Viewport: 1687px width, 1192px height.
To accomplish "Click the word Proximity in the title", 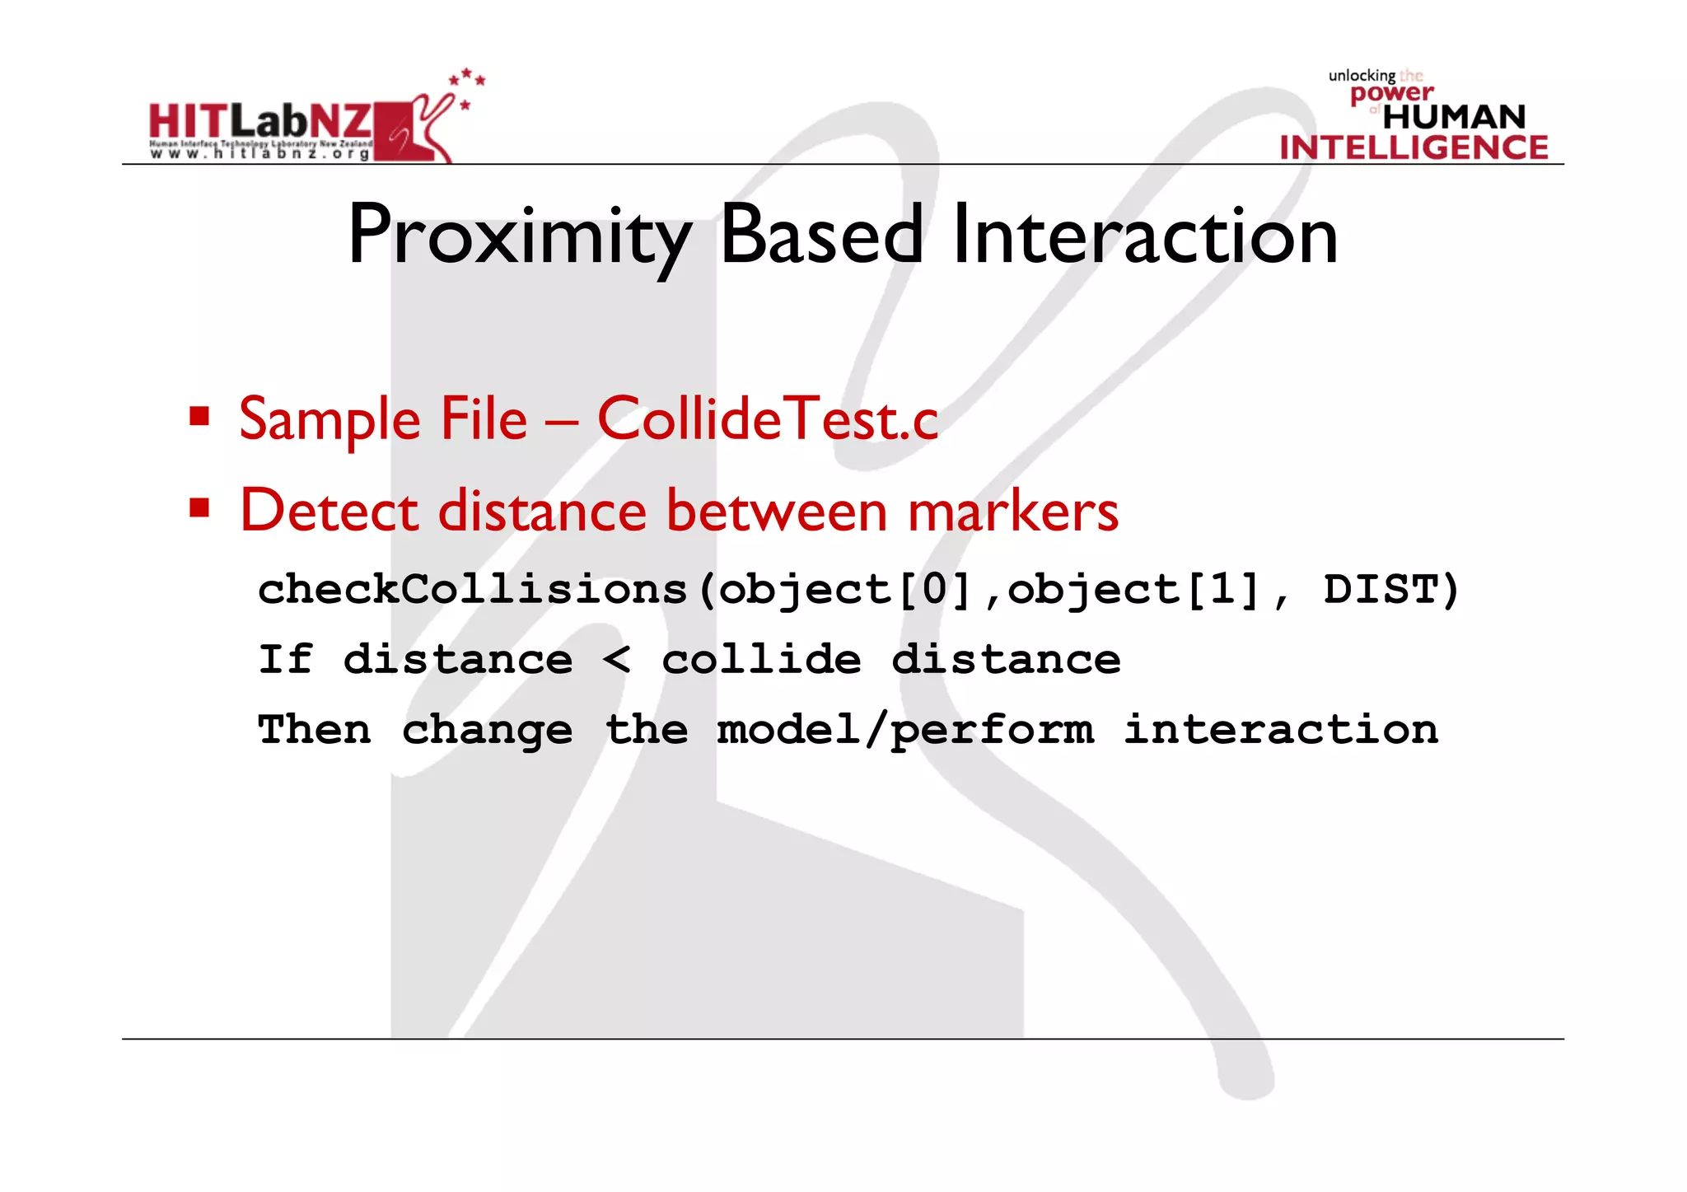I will point(519,237).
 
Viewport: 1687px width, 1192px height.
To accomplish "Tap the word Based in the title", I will point(821,236).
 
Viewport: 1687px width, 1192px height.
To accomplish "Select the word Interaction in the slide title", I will point(1144,236).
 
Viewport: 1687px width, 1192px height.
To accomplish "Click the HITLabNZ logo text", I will point(260,122).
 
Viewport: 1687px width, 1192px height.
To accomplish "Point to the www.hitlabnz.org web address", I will point(260,154).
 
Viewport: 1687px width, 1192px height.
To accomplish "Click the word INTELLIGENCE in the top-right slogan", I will point(1414,147).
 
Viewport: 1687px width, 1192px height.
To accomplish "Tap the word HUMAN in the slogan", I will point(1454,117).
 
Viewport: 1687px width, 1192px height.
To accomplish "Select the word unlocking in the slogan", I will point(1361,76).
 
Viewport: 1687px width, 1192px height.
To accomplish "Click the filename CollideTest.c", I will point(767,419).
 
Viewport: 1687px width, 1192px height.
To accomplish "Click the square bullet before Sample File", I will point(199,415).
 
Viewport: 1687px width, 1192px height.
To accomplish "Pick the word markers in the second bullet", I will point(1013,511).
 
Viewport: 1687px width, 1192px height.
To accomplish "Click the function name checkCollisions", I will point(472,590).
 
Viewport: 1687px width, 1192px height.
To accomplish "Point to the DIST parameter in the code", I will point(1381,590).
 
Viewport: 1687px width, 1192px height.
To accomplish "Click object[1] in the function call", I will point(1133,590).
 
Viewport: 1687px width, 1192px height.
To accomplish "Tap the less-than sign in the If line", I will point(616,660).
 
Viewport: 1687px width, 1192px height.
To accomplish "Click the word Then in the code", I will point(314,730).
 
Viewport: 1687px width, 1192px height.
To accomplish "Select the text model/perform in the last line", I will point(905,730).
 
